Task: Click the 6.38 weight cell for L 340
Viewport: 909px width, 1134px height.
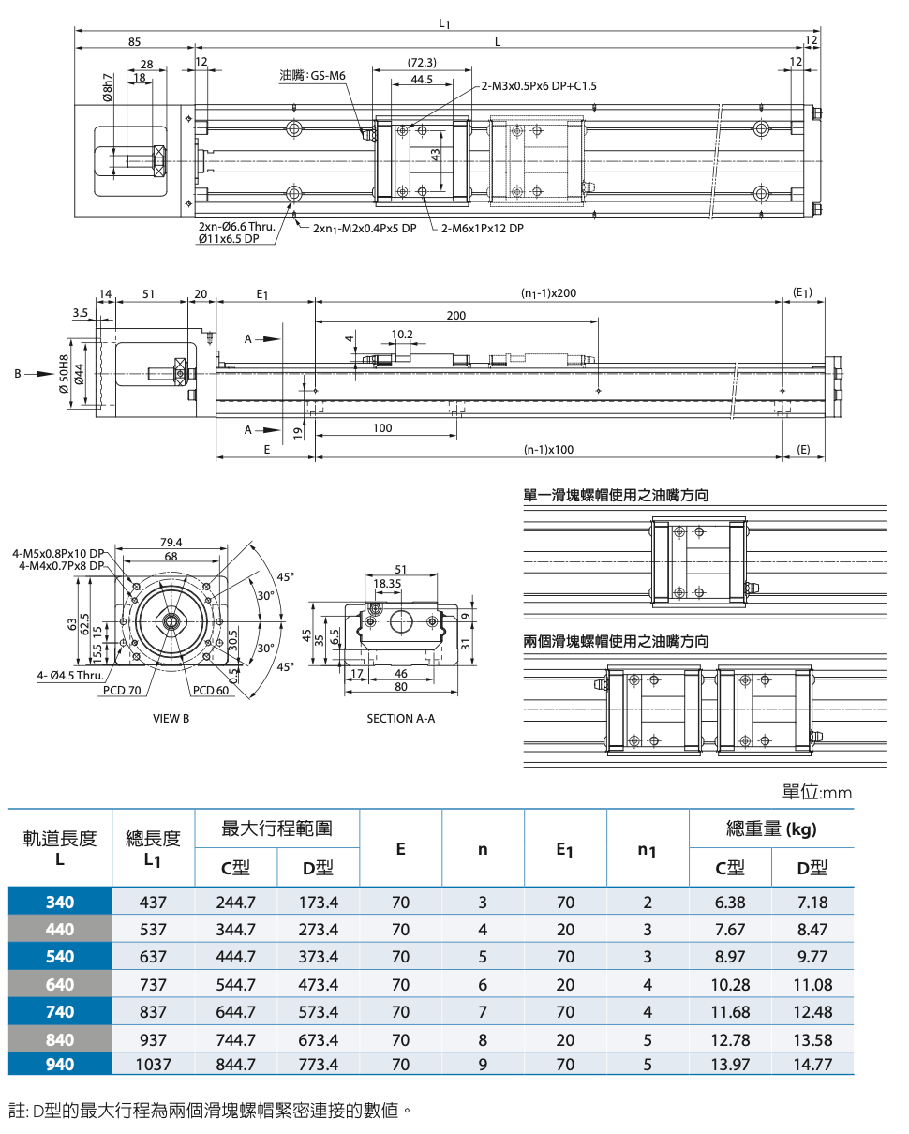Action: (x=730, y=903)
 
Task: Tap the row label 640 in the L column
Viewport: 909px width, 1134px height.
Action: (x=60, y=985)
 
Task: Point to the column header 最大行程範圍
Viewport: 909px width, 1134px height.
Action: (x=276, y=828)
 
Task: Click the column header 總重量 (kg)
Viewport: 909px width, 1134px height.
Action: (x=771, y=828)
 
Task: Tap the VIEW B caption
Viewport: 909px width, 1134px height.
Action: (x=171, y=719)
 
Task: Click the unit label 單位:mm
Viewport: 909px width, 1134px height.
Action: (x=817, y=793)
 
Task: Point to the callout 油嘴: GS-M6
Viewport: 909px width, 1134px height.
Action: (x=313, y=75)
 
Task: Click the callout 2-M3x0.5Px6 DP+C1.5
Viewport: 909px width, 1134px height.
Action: (x=539, y=86)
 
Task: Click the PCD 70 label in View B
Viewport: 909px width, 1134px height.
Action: (x=122, y=691)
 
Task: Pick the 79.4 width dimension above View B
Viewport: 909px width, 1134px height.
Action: (x=171, y=543)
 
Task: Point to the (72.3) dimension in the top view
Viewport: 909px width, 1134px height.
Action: (x=423, y=63)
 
